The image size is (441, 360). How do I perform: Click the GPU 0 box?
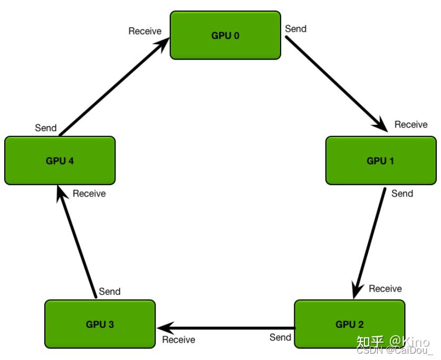tap(225, 35)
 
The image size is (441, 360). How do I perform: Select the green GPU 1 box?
tap(380, 160)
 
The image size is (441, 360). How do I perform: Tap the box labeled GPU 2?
tap(349, 324)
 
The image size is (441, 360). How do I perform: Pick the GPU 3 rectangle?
tap(100, 324)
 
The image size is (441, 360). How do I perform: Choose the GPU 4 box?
tap(60, 160)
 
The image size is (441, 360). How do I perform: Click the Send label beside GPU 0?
tap(295, 29)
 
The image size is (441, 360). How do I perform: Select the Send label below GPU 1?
tap(402, 193)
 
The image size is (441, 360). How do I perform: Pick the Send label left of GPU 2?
tap(280, 337)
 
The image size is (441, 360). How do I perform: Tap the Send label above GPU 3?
tap(110, 291)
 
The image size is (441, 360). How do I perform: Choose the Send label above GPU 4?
tap(46, 128)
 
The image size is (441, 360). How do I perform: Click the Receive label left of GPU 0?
tap(145, 31)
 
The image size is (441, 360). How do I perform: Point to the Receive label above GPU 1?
tap(411, 124)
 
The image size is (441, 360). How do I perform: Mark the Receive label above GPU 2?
tap(385, 288)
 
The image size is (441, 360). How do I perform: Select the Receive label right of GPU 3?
tap(178, 339)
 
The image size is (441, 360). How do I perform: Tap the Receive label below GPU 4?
tap(89, 193)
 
